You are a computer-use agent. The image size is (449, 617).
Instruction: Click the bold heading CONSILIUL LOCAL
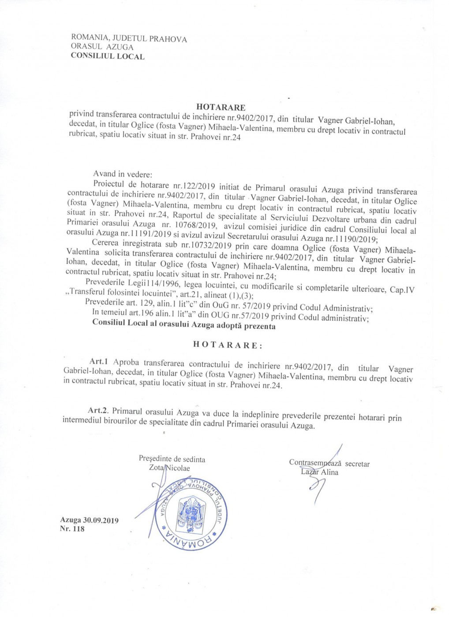(107, 56)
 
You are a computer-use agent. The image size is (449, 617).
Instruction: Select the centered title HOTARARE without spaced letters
(221, 107)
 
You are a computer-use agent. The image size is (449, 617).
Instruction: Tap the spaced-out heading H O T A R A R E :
(228, 345)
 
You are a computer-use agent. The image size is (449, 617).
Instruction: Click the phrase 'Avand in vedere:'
(122, 174)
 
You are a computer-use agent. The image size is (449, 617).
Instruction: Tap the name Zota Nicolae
(170, 468)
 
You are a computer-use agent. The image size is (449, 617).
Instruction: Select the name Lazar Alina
(319, 472)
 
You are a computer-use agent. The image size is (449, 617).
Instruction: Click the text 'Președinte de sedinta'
(172, 459)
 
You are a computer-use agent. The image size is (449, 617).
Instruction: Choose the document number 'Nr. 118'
(72, 529)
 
